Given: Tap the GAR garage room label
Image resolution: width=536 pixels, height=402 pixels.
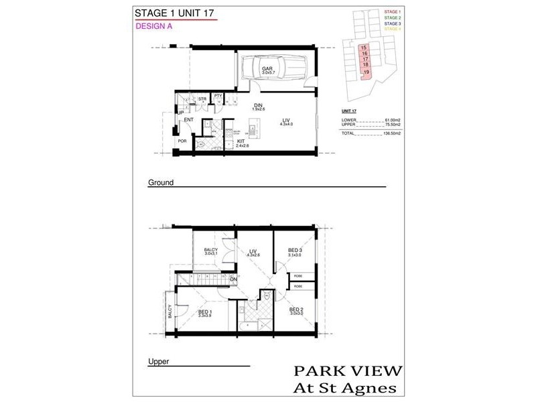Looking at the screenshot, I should (x=267, y=69).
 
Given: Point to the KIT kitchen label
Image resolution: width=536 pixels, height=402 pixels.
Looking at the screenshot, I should (x=241, y=142).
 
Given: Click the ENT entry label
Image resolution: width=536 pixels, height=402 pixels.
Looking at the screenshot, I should (x=189, y=120).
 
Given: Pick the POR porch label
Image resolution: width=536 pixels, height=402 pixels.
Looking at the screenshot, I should (x=182, y=141).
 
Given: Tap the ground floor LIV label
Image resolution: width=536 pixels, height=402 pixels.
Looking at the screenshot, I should (x=286, y=120).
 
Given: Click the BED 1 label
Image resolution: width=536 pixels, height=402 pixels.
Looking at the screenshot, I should (x=206, y=312).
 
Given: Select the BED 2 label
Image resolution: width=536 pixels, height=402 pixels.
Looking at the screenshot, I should (x=297, y=310).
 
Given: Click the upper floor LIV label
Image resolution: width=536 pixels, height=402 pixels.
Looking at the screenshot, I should (x=253, y=251).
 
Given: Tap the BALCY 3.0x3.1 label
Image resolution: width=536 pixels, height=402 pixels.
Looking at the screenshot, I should (x=211, y=252).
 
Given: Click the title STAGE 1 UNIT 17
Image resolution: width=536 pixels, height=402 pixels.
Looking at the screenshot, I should (x=176, y=13).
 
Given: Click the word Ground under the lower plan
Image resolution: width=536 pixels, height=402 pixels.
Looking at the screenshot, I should (x=161, y=182).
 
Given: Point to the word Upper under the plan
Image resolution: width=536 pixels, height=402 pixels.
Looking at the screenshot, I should (x=158, y=362).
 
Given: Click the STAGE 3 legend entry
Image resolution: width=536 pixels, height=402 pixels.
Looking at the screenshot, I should (x=393, y=23).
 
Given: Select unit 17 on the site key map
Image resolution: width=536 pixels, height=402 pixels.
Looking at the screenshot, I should (x=365, y=59).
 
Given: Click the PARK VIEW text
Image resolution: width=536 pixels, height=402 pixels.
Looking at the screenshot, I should (x=348, y=371).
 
